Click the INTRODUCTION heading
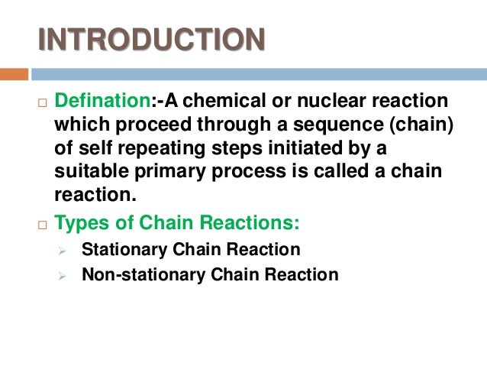pyautogui.click(x=152, y=39)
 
